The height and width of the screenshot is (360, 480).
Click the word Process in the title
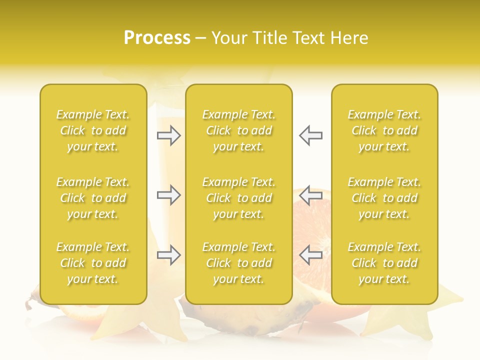(x=157, y=38)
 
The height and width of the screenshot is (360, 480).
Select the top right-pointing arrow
(x=168, y=135)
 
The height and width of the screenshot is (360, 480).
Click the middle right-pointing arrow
(x=168, y=195)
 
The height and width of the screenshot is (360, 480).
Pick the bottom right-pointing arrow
(x=168, y=255)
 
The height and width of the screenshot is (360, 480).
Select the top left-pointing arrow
(x=310, y=135)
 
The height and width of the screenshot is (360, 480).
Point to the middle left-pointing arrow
(x=310, y=195)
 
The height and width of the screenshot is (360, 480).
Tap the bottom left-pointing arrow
(x=310, y=255)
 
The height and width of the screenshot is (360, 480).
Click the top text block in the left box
(x=93, y=130)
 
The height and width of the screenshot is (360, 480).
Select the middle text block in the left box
(x=93, y=198)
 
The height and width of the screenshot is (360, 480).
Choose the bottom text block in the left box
(x=93, y=263)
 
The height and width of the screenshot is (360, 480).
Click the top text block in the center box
(x=238, y=130)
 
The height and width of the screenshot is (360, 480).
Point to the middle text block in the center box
(x=238, y=198)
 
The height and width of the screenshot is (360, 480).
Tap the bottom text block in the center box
(x=238, y=263)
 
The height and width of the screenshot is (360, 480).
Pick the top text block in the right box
(x=384, y=130)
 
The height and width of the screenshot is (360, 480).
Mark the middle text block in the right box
(x=384, y=198)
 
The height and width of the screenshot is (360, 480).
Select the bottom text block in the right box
(x=384, y=263)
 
